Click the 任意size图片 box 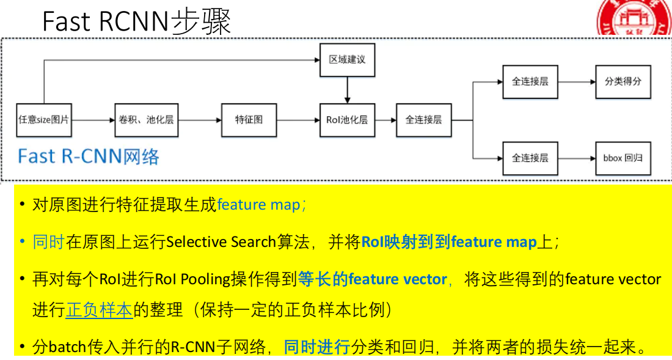pos(43,120)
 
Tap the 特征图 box pos(249,120)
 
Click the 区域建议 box pos(347,60)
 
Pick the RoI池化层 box pos(347,120)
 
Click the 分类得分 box pos(623,81)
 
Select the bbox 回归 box pos(623,158)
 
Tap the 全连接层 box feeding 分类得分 pos(530,81)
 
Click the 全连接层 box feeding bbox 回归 pos(530,158)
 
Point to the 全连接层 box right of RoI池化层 pos(423,120)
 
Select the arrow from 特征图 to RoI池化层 pos(298,120)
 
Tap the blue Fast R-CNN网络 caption pos(89,156)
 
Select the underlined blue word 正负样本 pos(99,310)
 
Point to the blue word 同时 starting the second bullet pos(48,242)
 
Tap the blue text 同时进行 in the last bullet pos(316,348)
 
